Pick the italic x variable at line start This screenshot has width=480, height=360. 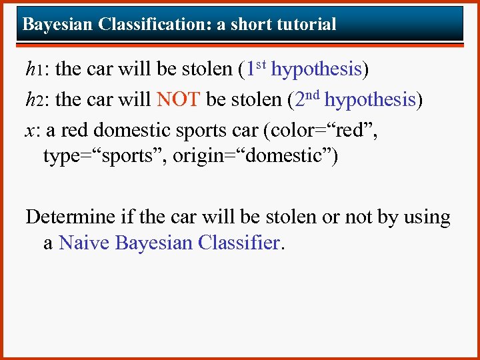[29, 131]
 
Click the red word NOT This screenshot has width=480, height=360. [178, 100]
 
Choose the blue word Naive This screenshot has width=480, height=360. [85, 243]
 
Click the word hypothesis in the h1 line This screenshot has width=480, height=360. [317, 69]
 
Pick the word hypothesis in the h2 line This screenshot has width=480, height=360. [371, 100]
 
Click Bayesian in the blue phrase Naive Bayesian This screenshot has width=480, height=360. [154, 243]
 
